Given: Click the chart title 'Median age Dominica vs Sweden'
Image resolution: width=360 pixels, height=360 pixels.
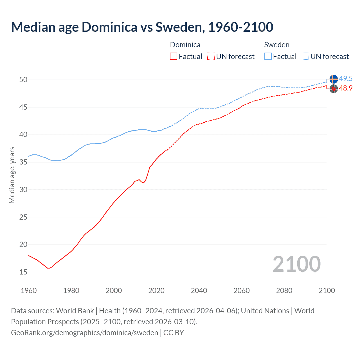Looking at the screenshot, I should point(142,27).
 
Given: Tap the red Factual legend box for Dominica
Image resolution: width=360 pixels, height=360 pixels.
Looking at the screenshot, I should point(174,56).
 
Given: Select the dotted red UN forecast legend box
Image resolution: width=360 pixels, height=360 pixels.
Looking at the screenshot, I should point(211,56).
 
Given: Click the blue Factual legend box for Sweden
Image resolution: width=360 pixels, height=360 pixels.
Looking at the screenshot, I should point(268,56).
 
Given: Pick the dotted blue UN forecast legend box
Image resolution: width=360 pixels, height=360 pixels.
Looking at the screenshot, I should point(305,56).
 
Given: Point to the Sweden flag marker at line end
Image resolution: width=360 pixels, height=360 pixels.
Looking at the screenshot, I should point(334,79).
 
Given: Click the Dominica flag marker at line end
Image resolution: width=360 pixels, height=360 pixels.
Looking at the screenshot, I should point(334,89).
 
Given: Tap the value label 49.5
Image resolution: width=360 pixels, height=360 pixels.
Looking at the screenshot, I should point(346,78).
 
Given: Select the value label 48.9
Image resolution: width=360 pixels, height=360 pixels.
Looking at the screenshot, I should point(346,88).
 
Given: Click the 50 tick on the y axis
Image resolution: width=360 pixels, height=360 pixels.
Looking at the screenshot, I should point(23,80).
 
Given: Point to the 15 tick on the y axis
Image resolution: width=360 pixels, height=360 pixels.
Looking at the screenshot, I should point(23,272).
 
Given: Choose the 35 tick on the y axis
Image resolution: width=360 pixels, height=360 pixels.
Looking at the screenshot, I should point(23,162).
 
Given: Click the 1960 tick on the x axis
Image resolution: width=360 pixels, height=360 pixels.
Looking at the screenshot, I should point(29,291).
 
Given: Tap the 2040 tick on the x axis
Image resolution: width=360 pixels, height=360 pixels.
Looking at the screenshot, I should point(199,291).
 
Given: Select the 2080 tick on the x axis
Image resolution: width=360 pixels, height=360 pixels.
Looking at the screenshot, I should point(284,291).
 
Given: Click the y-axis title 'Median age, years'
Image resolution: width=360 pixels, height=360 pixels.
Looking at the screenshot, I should point(12,175).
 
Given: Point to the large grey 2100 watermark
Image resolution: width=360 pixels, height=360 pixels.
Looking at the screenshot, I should point(296,264).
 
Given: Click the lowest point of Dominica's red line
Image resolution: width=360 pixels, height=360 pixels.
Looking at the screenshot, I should point(48,268).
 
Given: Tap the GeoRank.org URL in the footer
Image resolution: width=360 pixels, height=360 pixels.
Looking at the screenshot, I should point(84,332).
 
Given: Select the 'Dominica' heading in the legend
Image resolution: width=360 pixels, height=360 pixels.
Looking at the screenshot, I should point(185,45).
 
